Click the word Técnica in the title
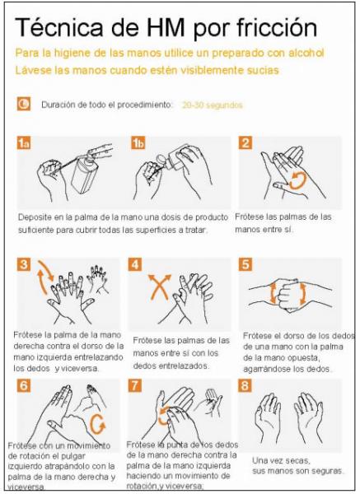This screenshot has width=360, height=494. click(x=59, y=27)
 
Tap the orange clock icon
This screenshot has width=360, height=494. click(x=24, y=104)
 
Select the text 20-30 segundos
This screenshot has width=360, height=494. click(x=213, y=105)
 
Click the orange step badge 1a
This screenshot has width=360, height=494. click(x=24, y=142)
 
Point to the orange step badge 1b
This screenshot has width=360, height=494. click(x=138, y=142)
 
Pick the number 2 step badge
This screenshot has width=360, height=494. click(x=245, y=142)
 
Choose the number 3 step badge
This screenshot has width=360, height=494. click(x=24, y=264)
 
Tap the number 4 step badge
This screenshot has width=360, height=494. click(x=135, y=264)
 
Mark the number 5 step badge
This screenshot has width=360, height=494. click(x=245, y=264)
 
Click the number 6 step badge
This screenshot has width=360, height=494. click(x=24, y=385)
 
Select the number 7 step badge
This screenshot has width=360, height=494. click(x=135, y=385)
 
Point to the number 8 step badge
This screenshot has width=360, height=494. click(x=245, y=385)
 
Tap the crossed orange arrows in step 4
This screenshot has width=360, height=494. click(x=160, y=287)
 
